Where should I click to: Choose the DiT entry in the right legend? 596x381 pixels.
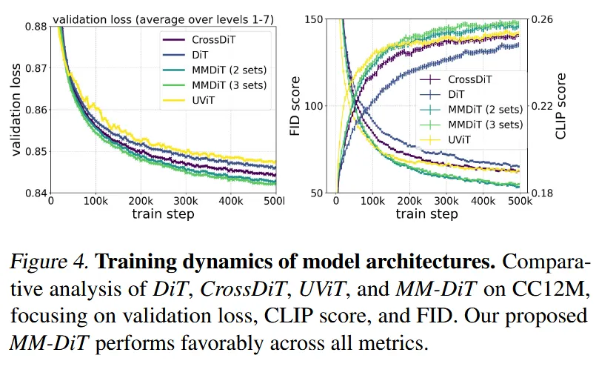click(x=457, y=93)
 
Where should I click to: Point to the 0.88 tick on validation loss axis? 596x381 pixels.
click(x=34, y=27)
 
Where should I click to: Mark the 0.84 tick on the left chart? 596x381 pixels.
click(x=34, y=193)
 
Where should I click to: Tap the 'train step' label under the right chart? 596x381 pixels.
click(x=426, y=214)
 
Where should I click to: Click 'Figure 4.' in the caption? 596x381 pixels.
click(x=48, y=262)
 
